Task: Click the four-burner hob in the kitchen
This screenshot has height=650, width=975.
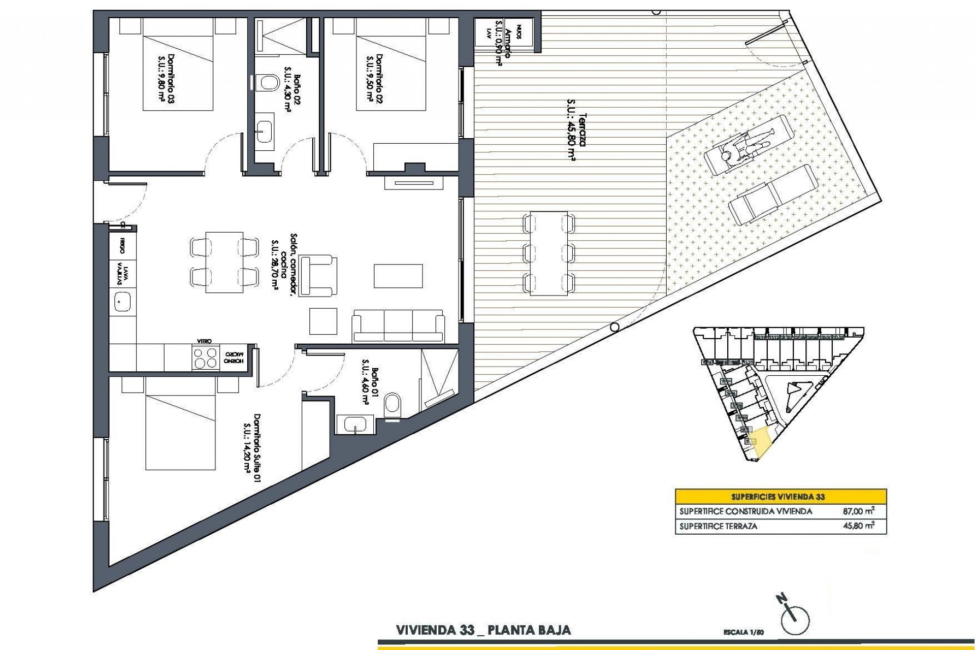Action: pos(205,359)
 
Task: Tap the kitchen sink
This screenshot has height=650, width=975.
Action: pos(122,303)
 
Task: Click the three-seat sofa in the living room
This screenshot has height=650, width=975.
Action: pos(398,325)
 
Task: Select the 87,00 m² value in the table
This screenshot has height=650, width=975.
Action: pos(858,512)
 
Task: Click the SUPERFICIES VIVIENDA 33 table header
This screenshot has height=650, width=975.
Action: pos(781,497)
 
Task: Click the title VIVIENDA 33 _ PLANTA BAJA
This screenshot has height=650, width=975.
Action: pos(483,630)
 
